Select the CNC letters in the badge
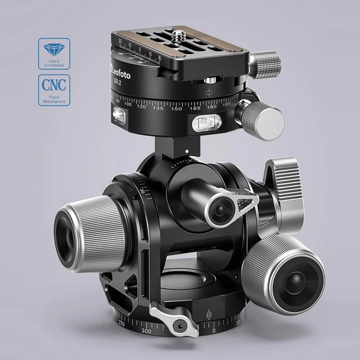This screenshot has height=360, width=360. [x=54, y=84]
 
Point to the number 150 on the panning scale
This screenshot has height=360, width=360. [x=176, y=109]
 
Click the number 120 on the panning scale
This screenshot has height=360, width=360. [x=141, y=107]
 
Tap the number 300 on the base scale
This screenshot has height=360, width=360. [x=147, y=331]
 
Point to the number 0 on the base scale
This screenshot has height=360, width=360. [x=214, y=331]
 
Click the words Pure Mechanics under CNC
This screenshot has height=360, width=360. [x=54, y=99]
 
